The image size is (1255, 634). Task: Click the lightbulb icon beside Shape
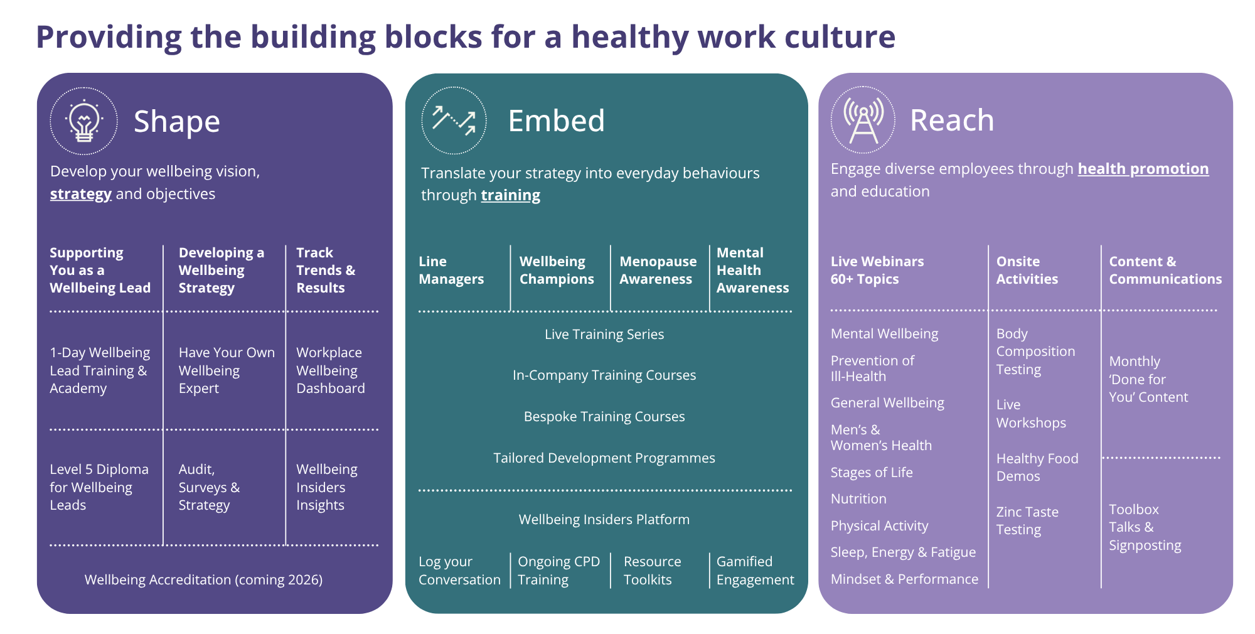tap(83, 121)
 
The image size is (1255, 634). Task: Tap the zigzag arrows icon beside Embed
tap(454, 121)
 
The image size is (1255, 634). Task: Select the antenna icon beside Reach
tap(863, 120)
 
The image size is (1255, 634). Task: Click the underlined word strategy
tap(81, 194)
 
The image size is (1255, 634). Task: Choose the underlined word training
tap(510, 195)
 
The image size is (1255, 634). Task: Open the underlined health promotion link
tap(1143, 169)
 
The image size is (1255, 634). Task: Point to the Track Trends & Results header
tap(326, 270)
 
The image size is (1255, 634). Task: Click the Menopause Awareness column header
tap(658, 270)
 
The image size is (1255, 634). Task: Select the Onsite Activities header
tap(1027, 270)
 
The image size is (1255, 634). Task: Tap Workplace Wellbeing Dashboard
tap(330, 370)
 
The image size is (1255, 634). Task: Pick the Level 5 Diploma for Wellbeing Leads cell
tap(99, 487)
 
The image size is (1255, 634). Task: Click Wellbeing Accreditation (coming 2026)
tap(203, 579)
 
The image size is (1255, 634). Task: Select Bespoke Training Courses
tap(604, 417)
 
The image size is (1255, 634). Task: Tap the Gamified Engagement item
tap(755, 571)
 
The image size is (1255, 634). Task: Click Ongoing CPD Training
tap(558, 571)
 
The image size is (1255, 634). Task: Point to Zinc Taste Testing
tap(1027, 520)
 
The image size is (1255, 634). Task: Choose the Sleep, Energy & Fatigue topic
tap(903, 552)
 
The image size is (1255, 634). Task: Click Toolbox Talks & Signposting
tap(1145, 527)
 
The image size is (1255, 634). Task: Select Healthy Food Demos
tap(1037, 467)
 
